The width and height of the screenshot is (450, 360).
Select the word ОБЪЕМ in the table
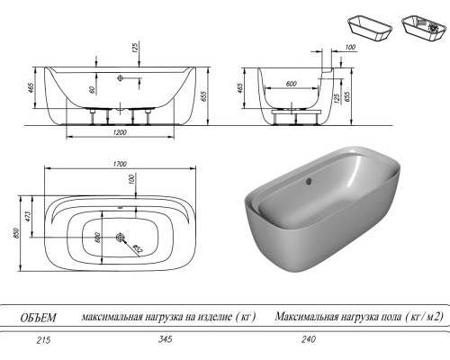pos(40,317)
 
